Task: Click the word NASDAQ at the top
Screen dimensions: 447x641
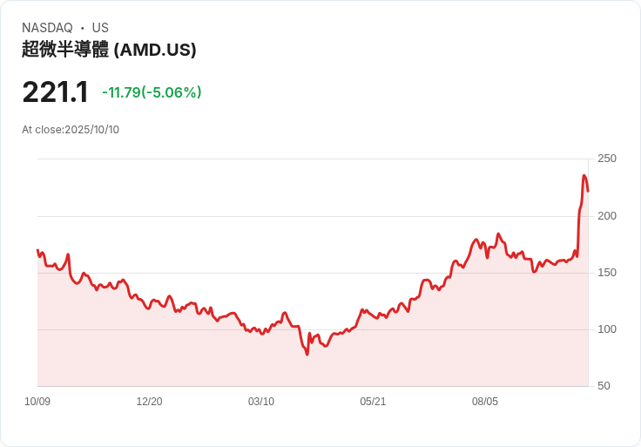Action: [x=47, y=28]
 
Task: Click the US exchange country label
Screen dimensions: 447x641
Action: [x=100, y=28]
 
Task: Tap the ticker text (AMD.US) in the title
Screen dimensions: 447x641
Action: [x=155, y=50]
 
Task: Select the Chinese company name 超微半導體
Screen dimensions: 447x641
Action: [x=65, y=50]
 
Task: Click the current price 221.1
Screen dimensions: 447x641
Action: [x=55, y=92]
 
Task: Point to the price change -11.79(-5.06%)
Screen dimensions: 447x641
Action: [x=152, y=92]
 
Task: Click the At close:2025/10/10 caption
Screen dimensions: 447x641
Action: [x=71, y=130]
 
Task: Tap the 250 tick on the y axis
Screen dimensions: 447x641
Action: [x=607, y=159]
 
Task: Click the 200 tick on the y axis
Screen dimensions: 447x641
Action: [x=607, y=215]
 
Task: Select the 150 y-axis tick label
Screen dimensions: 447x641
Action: [x=607, y=273]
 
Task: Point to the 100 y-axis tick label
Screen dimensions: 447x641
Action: [x=607, y=329]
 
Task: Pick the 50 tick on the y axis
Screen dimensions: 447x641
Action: [x=604, y=386]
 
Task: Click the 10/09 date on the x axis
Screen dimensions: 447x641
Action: [x=37, y=402]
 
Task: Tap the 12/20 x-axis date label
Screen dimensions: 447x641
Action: [x=149, y=402]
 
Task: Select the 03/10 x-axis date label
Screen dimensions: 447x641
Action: [x=261, y=402]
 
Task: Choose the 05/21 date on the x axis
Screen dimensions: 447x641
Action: [x=373, y=402]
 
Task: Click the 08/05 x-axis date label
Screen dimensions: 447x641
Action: [x=485, y=402]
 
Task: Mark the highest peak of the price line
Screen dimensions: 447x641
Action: [x=584, y=176]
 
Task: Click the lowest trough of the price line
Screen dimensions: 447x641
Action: [x=307, y=355]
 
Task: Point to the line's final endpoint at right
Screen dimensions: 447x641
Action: [x=588, y=191]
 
